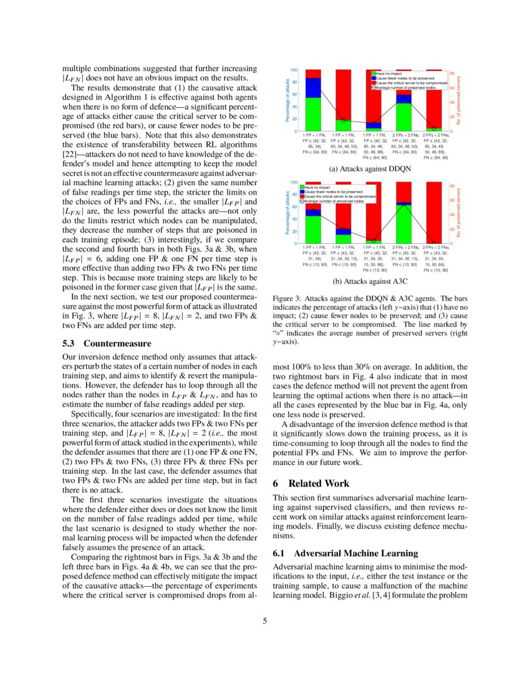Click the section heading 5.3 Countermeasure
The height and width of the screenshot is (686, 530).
click(x=107, y=343)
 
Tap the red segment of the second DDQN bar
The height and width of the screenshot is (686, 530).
click(x=343, y=94)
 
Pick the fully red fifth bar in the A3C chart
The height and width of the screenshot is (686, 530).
click(x=434, y=212)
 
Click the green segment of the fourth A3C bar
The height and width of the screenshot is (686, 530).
click(x=403, y=224)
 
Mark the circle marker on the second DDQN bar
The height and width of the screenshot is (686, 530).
click(x=343, y=120)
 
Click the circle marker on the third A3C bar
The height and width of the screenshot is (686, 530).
click(x=373, y=240)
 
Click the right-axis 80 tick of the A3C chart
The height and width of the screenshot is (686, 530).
click(x=453, y=185)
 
